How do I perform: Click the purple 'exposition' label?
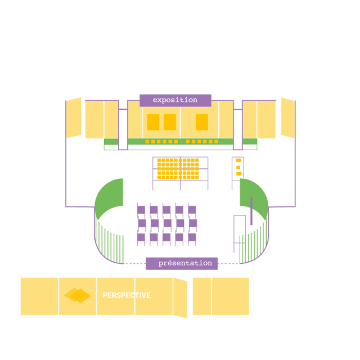[175, 100]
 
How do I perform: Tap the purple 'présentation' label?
[182, 263]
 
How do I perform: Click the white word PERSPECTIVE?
[127, 295]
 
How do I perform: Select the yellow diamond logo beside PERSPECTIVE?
[78, 295]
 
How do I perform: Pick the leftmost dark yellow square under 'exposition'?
[153, 122]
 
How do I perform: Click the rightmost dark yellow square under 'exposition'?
[202, 122]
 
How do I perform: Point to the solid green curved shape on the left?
[108, 197]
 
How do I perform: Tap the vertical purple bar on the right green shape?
[251, 211]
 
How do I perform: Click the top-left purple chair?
[141, 210]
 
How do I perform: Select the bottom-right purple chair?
[192, 237]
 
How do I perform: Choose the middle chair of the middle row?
[168, 224]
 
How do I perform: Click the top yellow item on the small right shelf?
[238, 160]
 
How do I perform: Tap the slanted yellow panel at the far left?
[74, 118]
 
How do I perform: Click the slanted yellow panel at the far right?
[288, 118]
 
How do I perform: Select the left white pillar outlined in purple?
[123, 129]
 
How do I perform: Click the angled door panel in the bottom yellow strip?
[180, 298]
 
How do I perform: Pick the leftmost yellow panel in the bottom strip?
[39, 296]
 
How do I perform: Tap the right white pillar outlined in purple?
[238, 129]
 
